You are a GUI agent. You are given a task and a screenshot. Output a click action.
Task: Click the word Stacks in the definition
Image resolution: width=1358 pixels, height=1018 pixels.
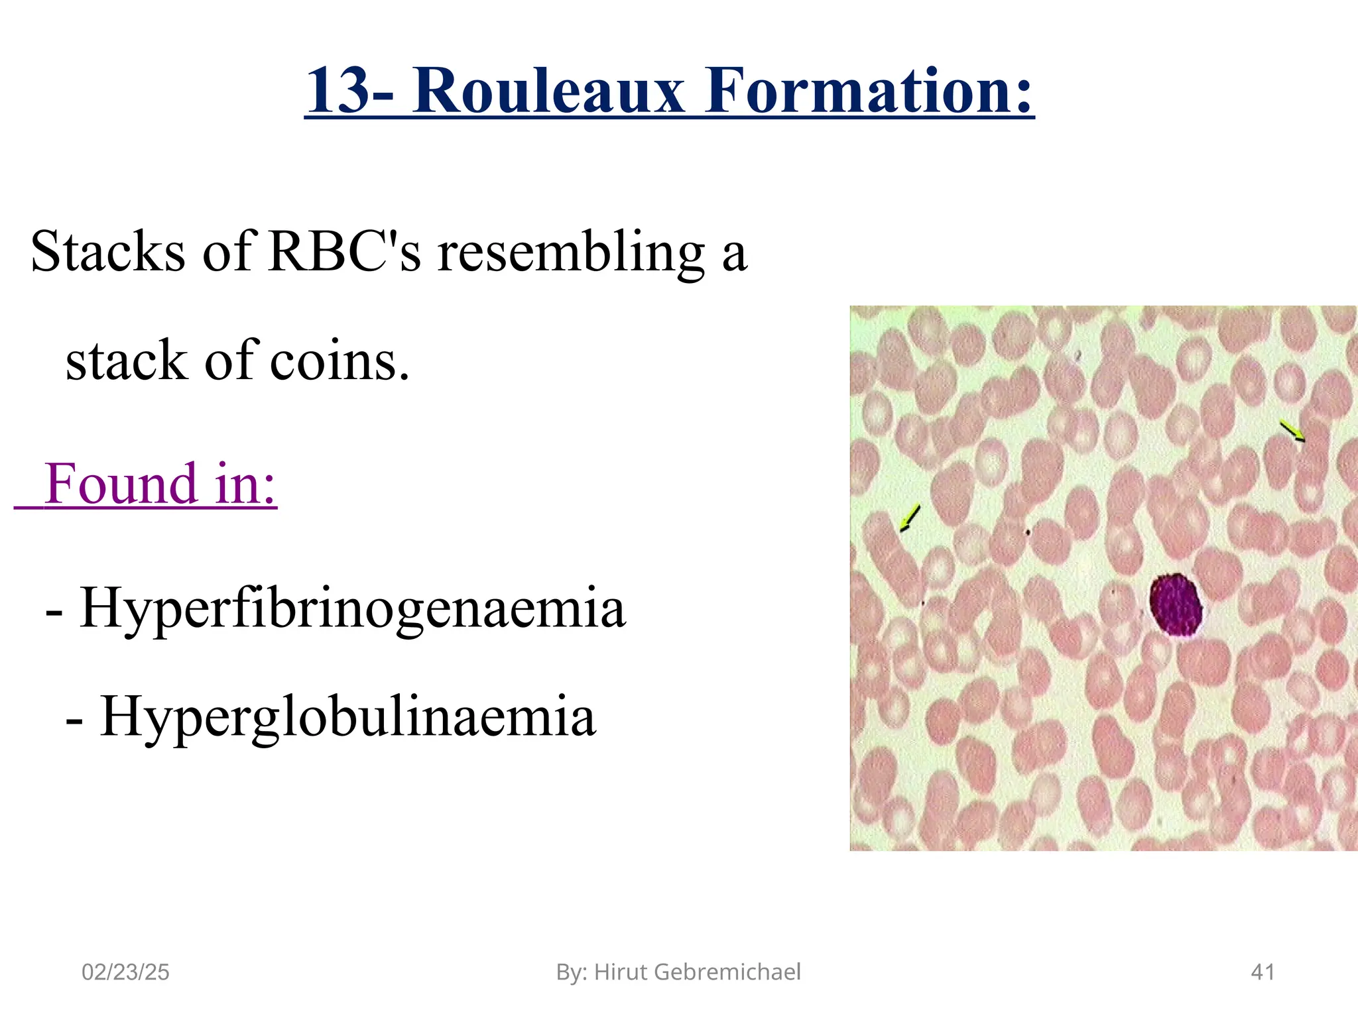(107, 252)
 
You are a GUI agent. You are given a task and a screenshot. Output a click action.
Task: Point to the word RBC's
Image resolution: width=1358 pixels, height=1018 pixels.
(345, 252)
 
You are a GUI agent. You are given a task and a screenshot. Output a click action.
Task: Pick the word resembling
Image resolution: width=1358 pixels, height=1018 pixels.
(572, 253)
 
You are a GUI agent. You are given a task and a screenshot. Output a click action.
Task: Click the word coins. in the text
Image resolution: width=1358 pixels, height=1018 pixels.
(339, 361)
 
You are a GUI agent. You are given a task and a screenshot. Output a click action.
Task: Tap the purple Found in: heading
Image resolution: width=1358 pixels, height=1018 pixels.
(160, 484)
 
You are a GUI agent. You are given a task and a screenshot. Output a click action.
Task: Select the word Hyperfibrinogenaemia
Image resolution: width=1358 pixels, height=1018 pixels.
(352, 608)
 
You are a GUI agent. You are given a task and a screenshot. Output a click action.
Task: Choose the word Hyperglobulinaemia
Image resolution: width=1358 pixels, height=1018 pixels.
(348, 717)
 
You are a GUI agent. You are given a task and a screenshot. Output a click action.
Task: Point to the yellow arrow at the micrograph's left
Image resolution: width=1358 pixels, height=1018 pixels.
(910, 518)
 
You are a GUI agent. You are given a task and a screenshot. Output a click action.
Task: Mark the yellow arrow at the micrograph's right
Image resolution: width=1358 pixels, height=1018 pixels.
(1292, 431)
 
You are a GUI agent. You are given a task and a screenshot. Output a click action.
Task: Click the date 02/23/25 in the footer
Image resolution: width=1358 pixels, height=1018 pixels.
(125, 972)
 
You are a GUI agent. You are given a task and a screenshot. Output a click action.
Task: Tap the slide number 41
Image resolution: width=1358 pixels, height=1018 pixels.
(1263, 972)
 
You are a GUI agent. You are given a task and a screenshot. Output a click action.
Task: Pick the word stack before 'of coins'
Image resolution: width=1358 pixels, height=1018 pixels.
(127, 361)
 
